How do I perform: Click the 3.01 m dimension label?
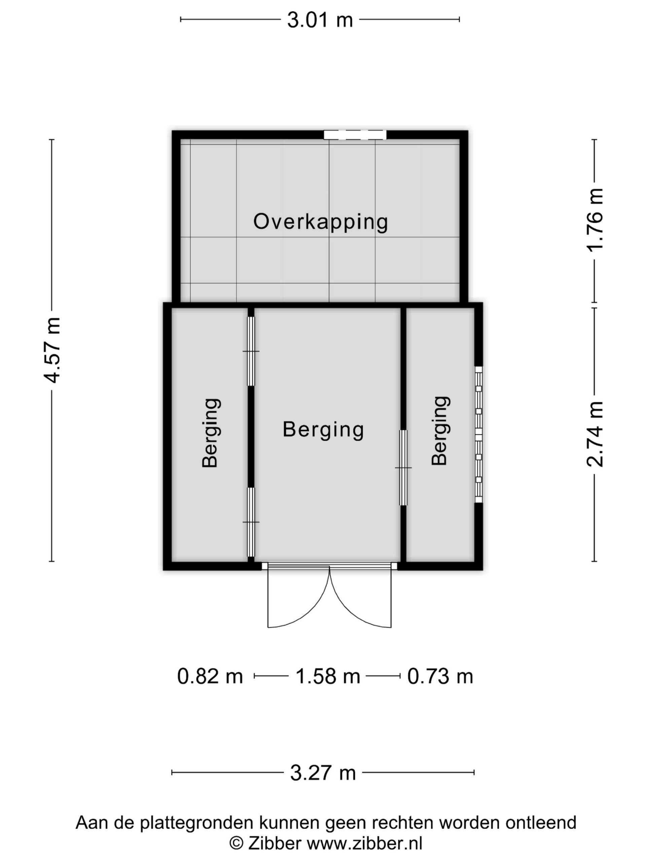coord(320,20)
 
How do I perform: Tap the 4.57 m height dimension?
coord(52,350)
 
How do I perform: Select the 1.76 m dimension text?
coord(595,220)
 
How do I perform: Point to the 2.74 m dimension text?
coord(595,434)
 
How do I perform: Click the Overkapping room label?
coord(320,222)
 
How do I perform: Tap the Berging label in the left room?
coord(211,433)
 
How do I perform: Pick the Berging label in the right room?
coord(440,430)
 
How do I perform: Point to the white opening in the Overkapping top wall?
coord(355,135)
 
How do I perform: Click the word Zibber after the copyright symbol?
coord(275,844)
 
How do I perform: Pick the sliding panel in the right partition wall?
coord(403,467)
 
